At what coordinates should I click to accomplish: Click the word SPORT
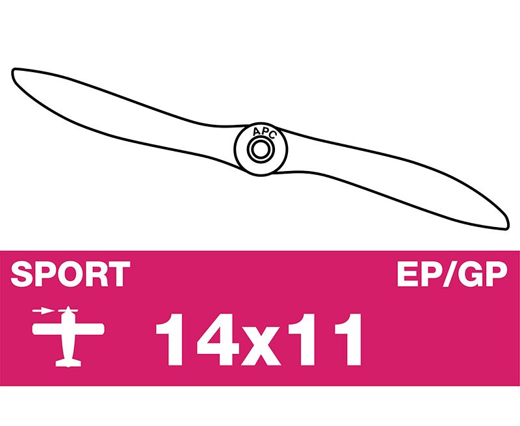coord(70,274)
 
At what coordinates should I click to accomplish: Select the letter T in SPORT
coord(119,274)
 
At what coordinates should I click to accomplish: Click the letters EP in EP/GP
coord(419,274)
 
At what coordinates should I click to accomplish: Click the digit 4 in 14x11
coord(218,339)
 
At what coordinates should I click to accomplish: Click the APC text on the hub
coord(264,132)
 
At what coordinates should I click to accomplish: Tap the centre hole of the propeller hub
coord(261,150)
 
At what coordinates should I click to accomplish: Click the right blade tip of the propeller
coord(507,227)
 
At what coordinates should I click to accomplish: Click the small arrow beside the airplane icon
coord(43,311)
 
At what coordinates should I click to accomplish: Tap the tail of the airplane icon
coord(68,363)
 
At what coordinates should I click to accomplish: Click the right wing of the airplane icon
coord(89,329)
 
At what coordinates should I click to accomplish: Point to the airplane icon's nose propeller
coord(68,310)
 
